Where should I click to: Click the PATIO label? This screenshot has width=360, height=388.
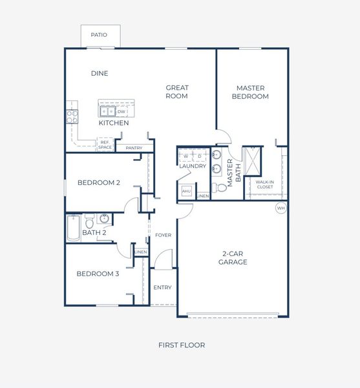(99, 35)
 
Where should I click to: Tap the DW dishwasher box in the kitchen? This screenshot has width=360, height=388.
(122, 112)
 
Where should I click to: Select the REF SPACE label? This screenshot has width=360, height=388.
(105, 145)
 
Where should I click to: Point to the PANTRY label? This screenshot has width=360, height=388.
(134, 148)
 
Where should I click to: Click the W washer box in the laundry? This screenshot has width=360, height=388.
(186, 156)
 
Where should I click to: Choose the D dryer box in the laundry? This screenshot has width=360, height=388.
(199, 156)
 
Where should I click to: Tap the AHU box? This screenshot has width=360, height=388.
(186, 191)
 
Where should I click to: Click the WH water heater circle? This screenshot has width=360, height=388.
(280, 208)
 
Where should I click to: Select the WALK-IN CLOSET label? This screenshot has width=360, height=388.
(264, 184)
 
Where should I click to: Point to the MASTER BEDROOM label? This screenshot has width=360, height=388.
(252, 92)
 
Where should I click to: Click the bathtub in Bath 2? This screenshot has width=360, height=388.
(74, 227)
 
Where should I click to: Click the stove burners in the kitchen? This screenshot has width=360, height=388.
(72, 116)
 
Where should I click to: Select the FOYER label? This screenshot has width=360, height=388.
(164, 235)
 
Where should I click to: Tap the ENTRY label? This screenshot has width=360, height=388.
(162, 287)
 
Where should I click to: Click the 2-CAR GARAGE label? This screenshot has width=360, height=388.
(233, 258)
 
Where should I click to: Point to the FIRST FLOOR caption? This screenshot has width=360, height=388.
(182, 345)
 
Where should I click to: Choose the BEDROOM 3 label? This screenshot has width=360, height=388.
(98, 274)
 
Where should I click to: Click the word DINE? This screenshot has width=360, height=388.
(99, 74)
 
